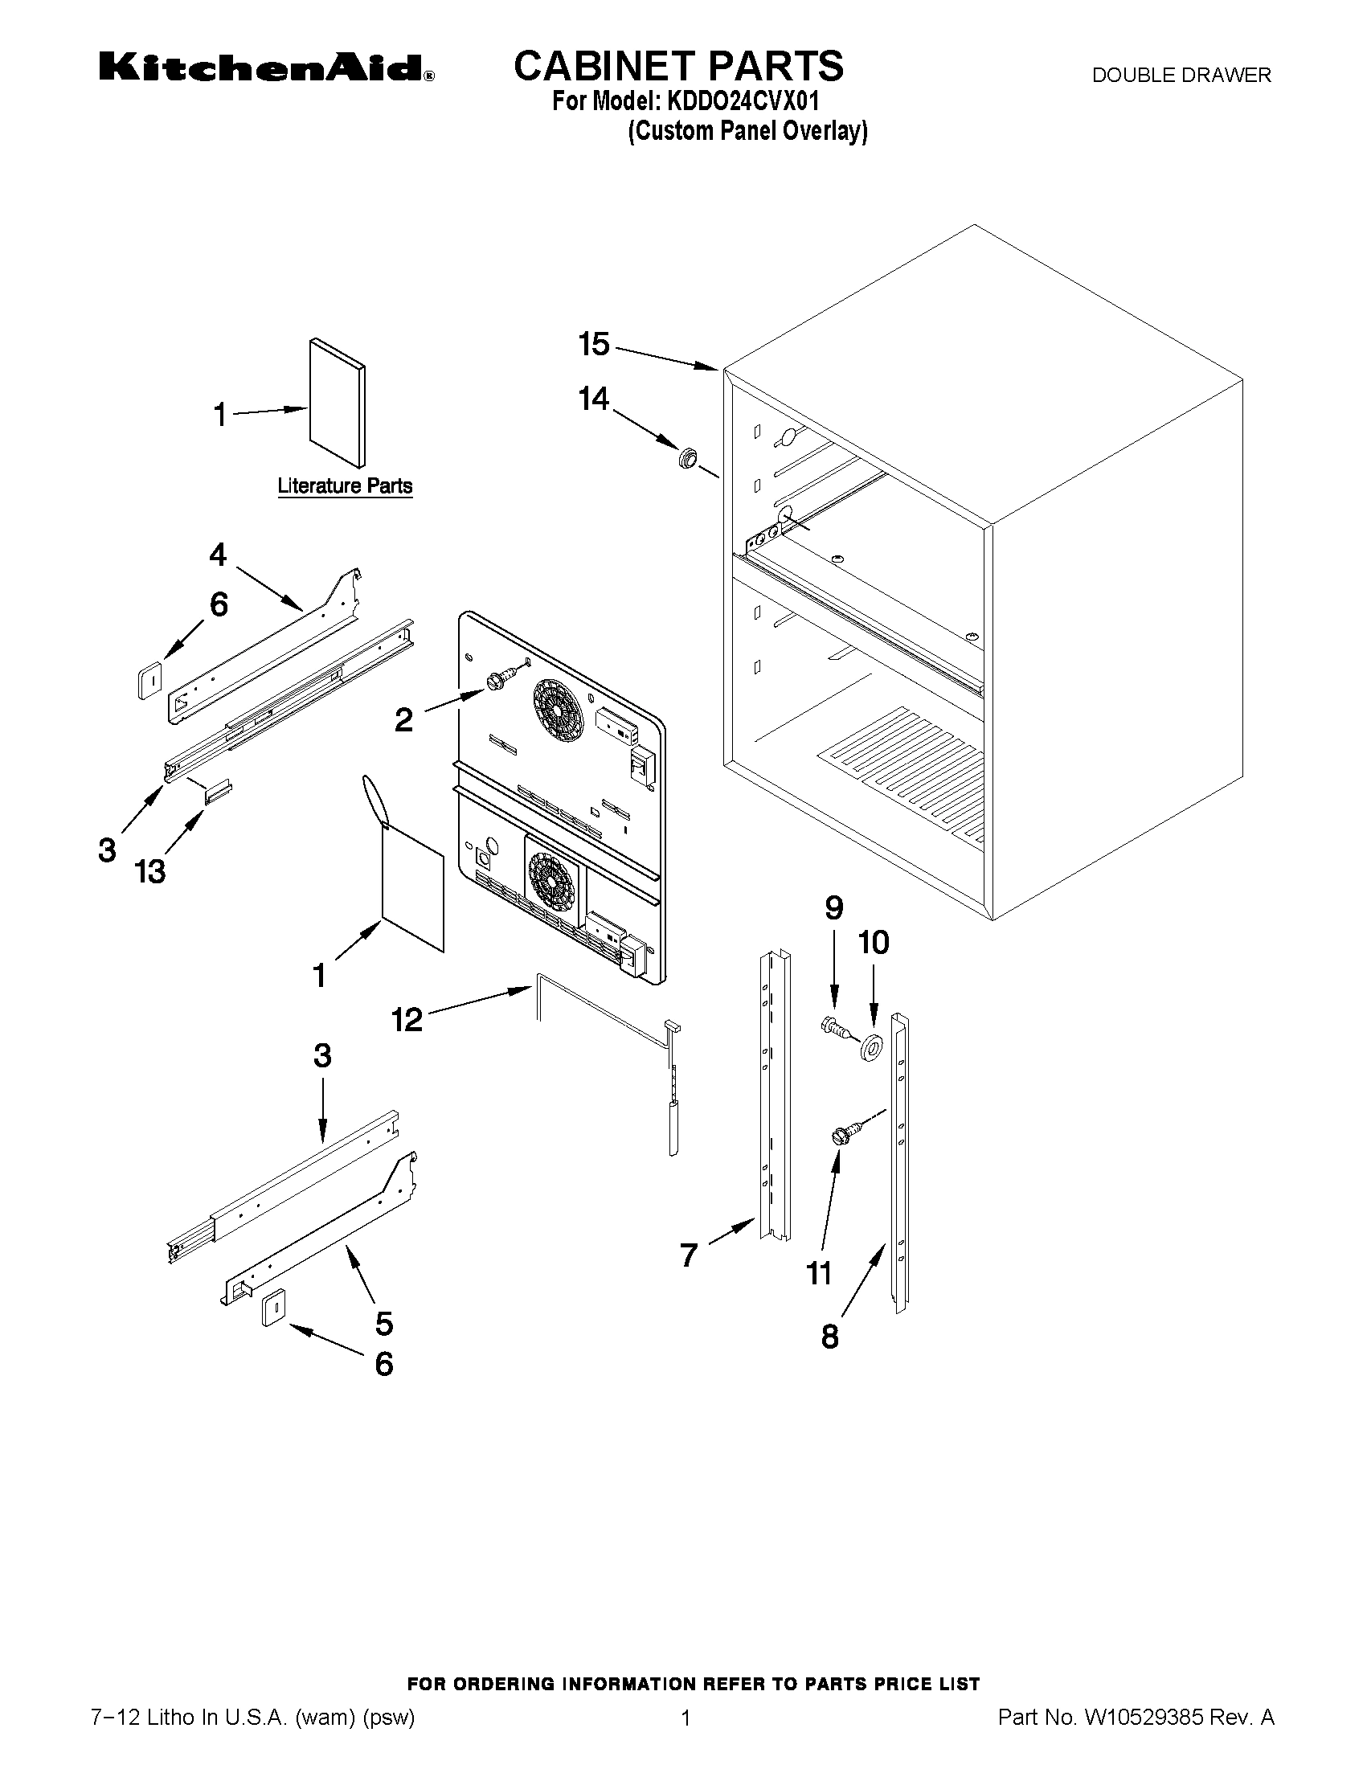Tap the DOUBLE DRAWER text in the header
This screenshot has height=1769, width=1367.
click(x=1181, y=76)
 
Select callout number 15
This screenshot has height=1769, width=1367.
click(x=594, y=344)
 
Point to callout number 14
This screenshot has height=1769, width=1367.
click(x=594, y=399)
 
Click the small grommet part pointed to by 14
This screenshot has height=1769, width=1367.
click(x=688, y=457)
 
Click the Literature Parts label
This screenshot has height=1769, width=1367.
click(x=345, y=486)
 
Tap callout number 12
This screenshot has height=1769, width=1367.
click(x=407, y=1019)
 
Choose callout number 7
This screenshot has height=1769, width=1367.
click(x=689, y=1255)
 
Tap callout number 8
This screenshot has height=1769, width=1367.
click(x=830, y=1336)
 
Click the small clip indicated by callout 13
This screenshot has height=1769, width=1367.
click(x=219, y=792)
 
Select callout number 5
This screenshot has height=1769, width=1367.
click(x=384, y=1323)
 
